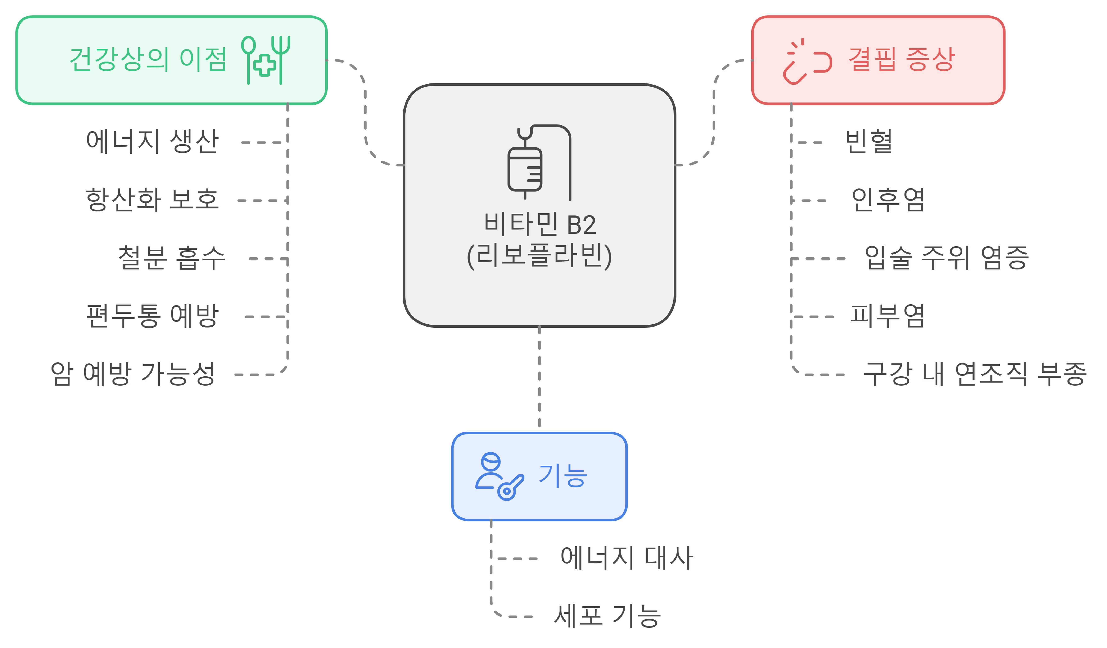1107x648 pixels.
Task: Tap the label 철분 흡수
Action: tap(171, 258)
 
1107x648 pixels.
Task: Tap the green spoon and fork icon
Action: tap(265, 60)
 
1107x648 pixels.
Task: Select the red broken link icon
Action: tap(807, 61)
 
